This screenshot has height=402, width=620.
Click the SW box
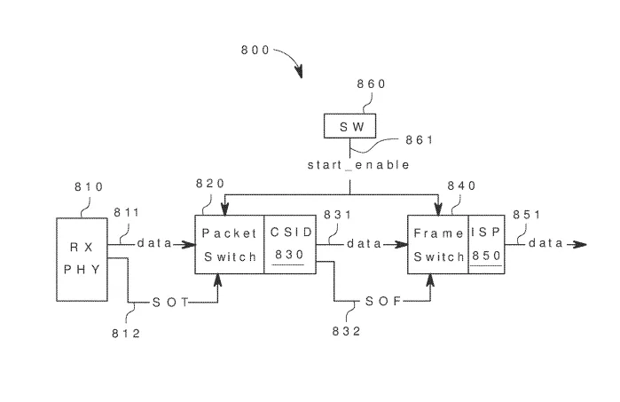click(x=349, y=126)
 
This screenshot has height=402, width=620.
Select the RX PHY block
click(x=82, y=259)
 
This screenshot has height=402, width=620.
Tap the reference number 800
click(x=255, y=50)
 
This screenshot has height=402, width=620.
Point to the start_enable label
click(x=358, y=164)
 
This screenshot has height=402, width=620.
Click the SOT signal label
click(x=170, y=303)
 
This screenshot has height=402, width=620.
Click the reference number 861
click(x=420, y=139)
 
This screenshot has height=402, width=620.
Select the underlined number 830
click(x=289, y=255)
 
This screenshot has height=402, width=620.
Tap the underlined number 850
click(x=487, y=256)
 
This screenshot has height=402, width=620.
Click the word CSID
click(x=292, y=233)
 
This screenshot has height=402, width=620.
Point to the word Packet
click(x=230, y=233)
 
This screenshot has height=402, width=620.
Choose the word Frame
click(x=438, y=233)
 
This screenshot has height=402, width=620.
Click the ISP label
click(x=486, y=233)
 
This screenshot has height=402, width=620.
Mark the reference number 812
click(x=126, y=334)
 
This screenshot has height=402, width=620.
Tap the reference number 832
click(x=347, y=331)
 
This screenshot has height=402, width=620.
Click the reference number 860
click(x=371, y=84)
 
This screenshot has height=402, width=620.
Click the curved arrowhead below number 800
click(x=299, y=72)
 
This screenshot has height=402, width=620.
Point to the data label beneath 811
click(x=154, y=243)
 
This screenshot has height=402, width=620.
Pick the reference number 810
click(x=89, y=186)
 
